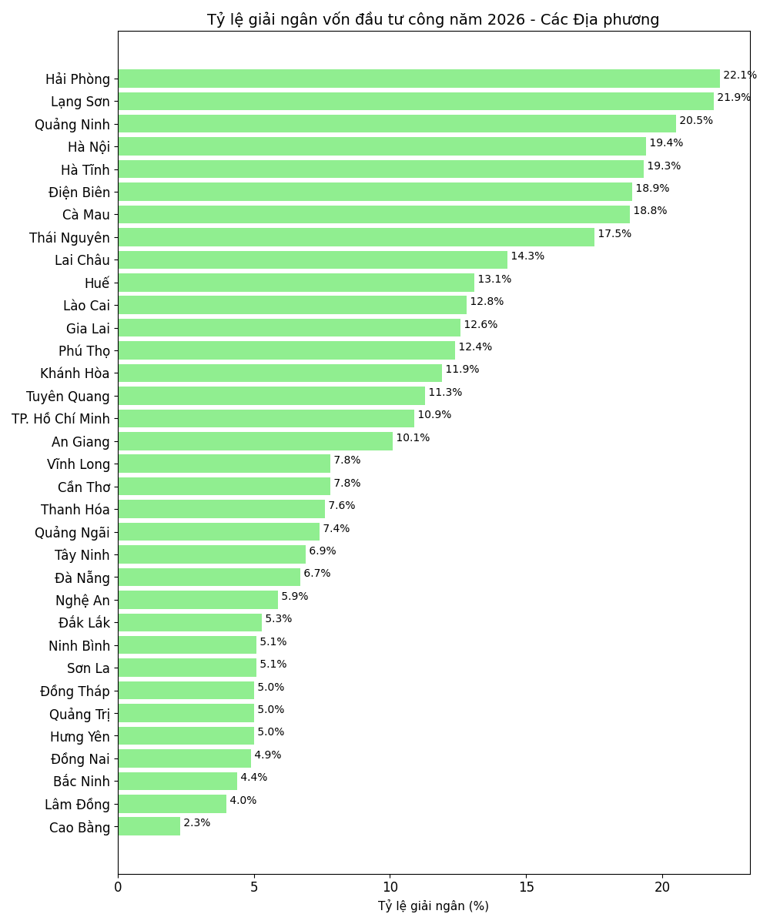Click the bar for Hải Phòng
coord(419,79)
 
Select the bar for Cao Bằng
coord(149,826)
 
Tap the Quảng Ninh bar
coord(397,124)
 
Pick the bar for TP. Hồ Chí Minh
coord(266,418)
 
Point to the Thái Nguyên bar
coord(356,237)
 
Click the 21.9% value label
coord(734,98)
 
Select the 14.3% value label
coord(527,256)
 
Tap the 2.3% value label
coord(196,822)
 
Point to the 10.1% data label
coord(413,437)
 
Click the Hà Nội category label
coord(89,147)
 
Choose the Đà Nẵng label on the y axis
coord(82,577)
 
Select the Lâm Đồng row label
coord(77,805)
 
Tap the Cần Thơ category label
coord(84,487)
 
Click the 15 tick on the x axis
coord(526,887)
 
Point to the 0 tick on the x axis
coord(118,887)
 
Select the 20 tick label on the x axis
coord(662,887)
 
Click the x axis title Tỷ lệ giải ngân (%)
coord(434,906)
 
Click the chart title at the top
coord(434,19)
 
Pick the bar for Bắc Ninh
coord(177,781)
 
